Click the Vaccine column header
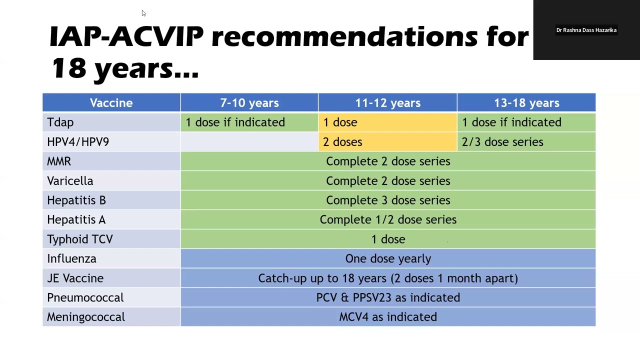tap(111, 103)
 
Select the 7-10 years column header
tap(249, 103)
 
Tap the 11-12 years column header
tap(387, 103)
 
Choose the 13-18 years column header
tap(526, 103)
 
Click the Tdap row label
tap(60, 122)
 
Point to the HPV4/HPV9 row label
tap(78, 142)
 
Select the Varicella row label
tap(70, 181)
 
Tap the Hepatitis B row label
tap(76, 200)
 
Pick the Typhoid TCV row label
tap(80, 239)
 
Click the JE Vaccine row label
tap(75, 278)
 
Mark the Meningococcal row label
tap(86, 317)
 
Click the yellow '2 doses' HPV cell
tap(342, 142)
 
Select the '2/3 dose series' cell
tap(502, 142)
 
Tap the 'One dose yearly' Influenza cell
tap(388, 259)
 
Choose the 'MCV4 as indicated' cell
tap(388, 317)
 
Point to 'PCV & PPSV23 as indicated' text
tap(388, 298)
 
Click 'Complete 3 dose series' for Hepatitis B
tap(388, 200)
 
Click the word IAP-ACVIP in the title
tap(126, 37)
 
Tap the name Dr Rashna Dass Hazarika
tap(586, 30)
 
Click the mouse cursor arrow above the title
tap(143, 13)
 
